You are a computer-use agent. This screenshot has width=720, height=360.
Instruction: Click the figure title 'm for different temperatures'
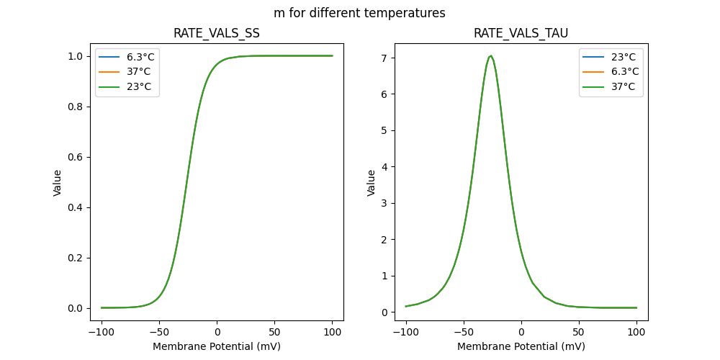pyautogui.click(x=359, y=13)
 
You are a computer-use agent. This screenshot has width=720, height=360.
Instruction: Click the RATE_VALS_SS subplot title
pyautogui.click(x=217, y=33)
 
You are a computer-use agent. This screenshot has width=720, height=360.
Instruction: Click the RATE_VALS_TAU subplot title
pyautogui.click(x=521, y=33)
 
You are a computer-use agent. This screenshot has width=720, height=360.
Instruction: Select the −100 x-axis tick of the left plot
pyautogui.click(x=102, y=333)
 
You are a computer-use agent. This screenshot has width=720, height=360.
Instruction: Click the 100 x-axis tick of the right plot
pyautogui.click(x=636, y=333)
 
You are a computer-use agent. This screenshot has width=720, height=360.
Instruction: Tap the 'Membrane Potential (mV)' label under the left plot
pyautogui.click(x=217, y=346)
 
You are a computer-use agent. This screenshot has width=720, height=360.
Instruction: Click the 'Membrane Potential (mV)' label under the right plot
pyautogui.click(x=521, y=346)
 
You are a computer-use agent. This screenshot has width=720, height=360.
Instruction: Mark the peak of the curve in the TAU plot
pyautogui.click(x=490, y=56)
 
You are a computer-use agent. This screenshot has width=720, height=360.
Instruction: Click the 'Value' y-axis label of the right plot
pyautogui.click(x=372, y=183)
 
